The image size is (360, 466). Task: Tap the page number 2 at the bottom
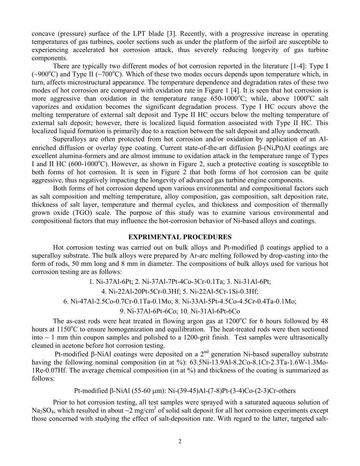point(180,441)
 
